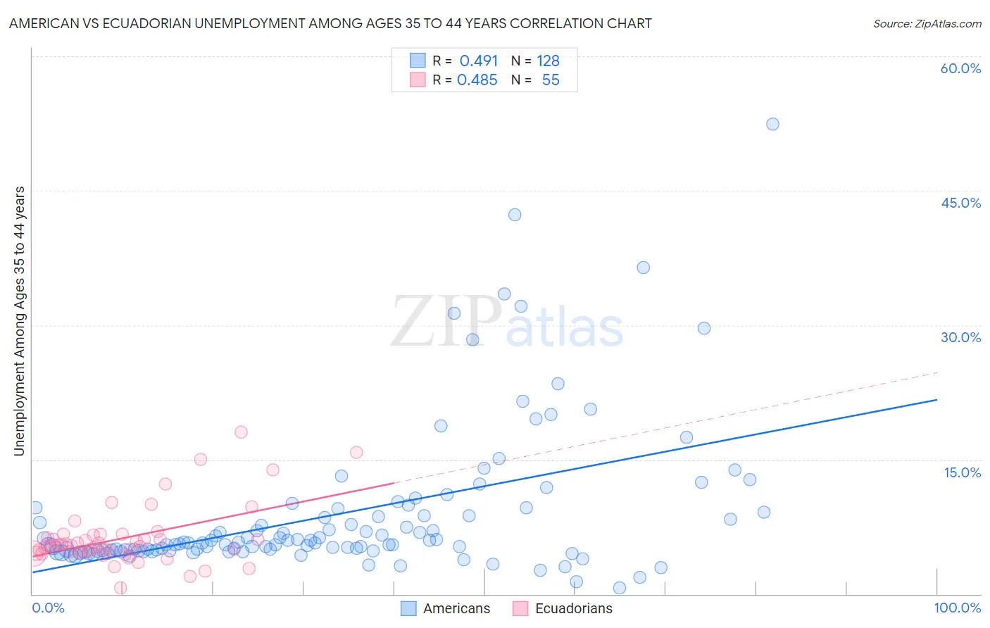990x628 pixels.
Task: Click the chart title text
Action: [330, 23]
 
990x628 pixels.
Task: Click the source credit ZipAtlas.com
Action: [927, 23]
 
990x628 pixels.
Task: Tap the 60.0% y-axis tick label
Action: [960, 68]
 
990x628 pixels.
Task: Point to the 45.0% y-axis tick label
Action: [960, 203]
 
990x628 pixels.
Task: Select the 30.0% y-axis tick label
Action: [960, 337]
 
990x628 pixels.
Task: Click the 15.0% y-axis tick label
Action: [962, 472]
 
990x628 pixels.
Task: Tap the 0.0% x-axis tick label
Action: [48, 608]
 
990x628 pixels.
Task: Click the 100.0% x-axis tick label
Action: [957, 608]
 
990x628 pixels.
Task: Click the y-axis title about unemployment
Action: [19, 321]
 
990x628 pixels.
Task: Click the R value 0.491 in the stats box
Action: [478, 61]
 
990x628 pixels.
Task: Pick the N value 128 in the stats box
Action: [548, 61]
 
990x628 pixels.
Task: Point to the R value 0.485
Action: [477, 80]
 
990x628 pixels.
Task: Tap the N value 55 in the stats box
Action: [551, 80]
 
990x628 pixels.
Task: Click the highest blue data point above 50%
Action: [772, 124]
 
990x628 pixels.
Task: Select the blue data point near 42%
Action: [515, 215]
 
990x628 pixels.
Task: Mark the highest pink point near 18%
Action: [241, 432]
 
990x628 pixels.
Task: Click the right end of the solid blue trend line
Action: [936, 400]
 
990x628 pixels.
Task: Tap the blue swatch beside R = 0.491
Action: [418, 61]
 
